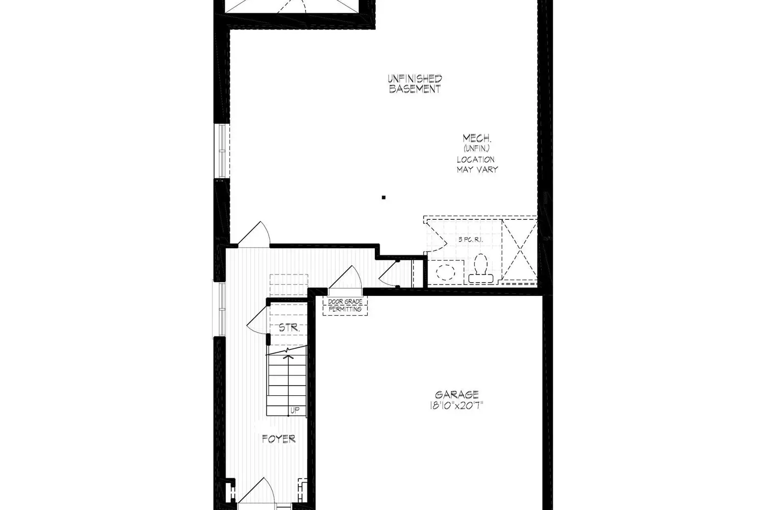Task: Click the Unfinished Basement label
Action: [414, 84]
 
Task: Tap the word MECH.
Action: [476, 138]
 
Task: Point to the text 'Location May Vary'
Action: [476, 164]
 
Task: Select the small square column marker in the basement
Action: [384, 197]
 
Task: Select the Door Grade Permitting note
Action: [345, 305]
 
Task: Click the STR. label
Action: [289, 328]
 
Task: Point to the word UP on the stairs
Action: [294, 410]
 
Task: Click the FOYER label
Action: [278, 439]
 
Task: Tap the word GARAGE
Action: [456, 394]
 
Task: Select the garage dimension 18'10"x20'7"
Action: [456, 406]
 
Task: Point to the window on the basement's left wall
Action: [222, 151]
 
